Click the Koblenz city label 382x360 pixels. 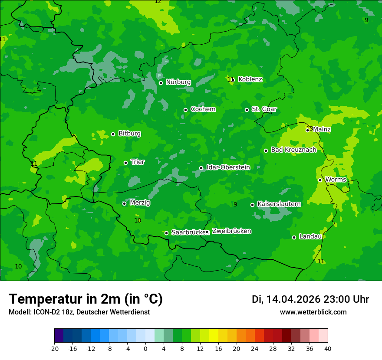[x=250, y=79]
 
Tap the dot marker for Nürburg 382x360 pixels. [x=161, y=83]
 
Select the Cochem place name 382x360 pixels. [x=203, y=109]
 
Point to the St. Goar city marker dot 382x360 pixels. [x=247, y=110]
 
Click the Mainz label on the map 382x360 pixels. [x=322, y=129]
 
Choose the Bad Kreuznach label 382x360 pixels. [x=293, y=150]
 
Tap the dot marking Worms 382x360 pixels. [x=320, y=180]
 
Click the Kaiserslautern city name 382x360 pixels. [x=279, y=204]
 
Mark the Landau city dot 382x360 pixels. [x=294, y=237]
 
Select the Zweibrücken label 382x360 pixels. [x=231, y=231]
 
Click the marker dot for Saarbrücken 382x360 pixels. [x=166, y=233]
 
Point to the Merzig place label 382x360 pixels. [x=140, y=203]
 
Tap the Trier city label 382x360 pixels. [x=138, y=162]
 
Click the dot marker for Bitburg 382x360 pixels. [x=113, y=134]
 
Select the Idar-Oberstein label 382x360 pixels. [x=228, y=167]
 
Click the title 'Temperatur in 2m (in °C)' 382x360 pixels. [x=86, y=299]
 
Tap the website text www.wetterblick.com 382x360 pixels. [x=313, y=312]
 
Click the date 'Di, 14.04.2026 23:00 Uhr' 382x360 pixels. [x=310, y=299]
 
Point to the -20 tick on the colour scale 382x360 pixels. [x=54, y=349]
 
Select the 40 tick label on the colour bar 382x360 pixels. [x=328, y=349]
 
